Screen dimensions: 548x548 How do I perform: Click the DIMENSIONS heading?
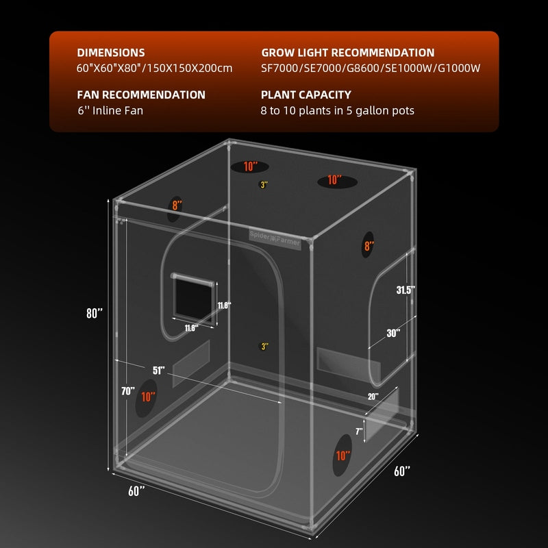pyautogui.click(x=110, y=53)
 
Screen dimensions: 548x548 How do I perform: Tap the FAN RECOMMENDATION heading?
pyautogui.click(x=140, y=95)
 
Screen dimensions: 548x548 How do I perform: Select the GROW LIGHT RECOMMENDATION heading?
pyautogui.click(x=347, y=53)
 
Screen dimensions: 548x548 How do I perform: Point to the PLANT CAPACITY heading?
pyautogui.click(x=306, y=95)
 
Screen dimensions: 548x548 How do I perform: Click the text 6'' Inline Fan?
pyautogui.click(x=110, y=110)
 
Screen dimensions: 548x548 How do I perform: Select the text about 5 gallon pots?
pyautogui.click(x=338, y=110)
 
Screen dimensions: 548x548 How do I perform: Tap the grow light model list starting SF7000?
pyautogui.click(x=371, y=68)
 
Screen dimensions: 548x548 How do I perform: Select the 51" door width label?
pyautogui.click(x=159, y=371)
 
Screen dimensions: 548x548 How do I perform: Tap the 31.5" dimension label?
pyautogui.click(x=406, y=290)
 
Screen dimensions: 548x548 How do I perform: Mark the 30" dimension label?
pyautogui.click(x=393, y=334)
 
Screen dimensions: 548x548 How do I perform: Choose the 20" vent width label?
pyautogui.click(x=373, y=397)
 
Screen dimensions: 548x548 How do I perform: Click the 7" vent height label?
pyautogui.click(x=358, y=431)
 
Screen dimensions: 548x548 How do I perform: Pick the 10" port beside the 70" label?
pyautogui.click(x=147, y=397)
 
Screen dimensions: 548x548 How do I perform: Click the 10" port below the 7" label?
pyautogui.click(x=343, y=456)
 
